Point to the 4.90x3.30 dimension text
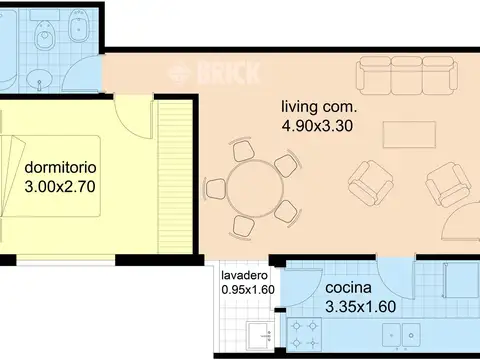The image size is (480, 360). point(317,126)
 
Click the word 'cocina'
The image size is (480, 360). point(349,287)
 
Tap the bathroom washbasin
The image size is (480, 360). point(37,74)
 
